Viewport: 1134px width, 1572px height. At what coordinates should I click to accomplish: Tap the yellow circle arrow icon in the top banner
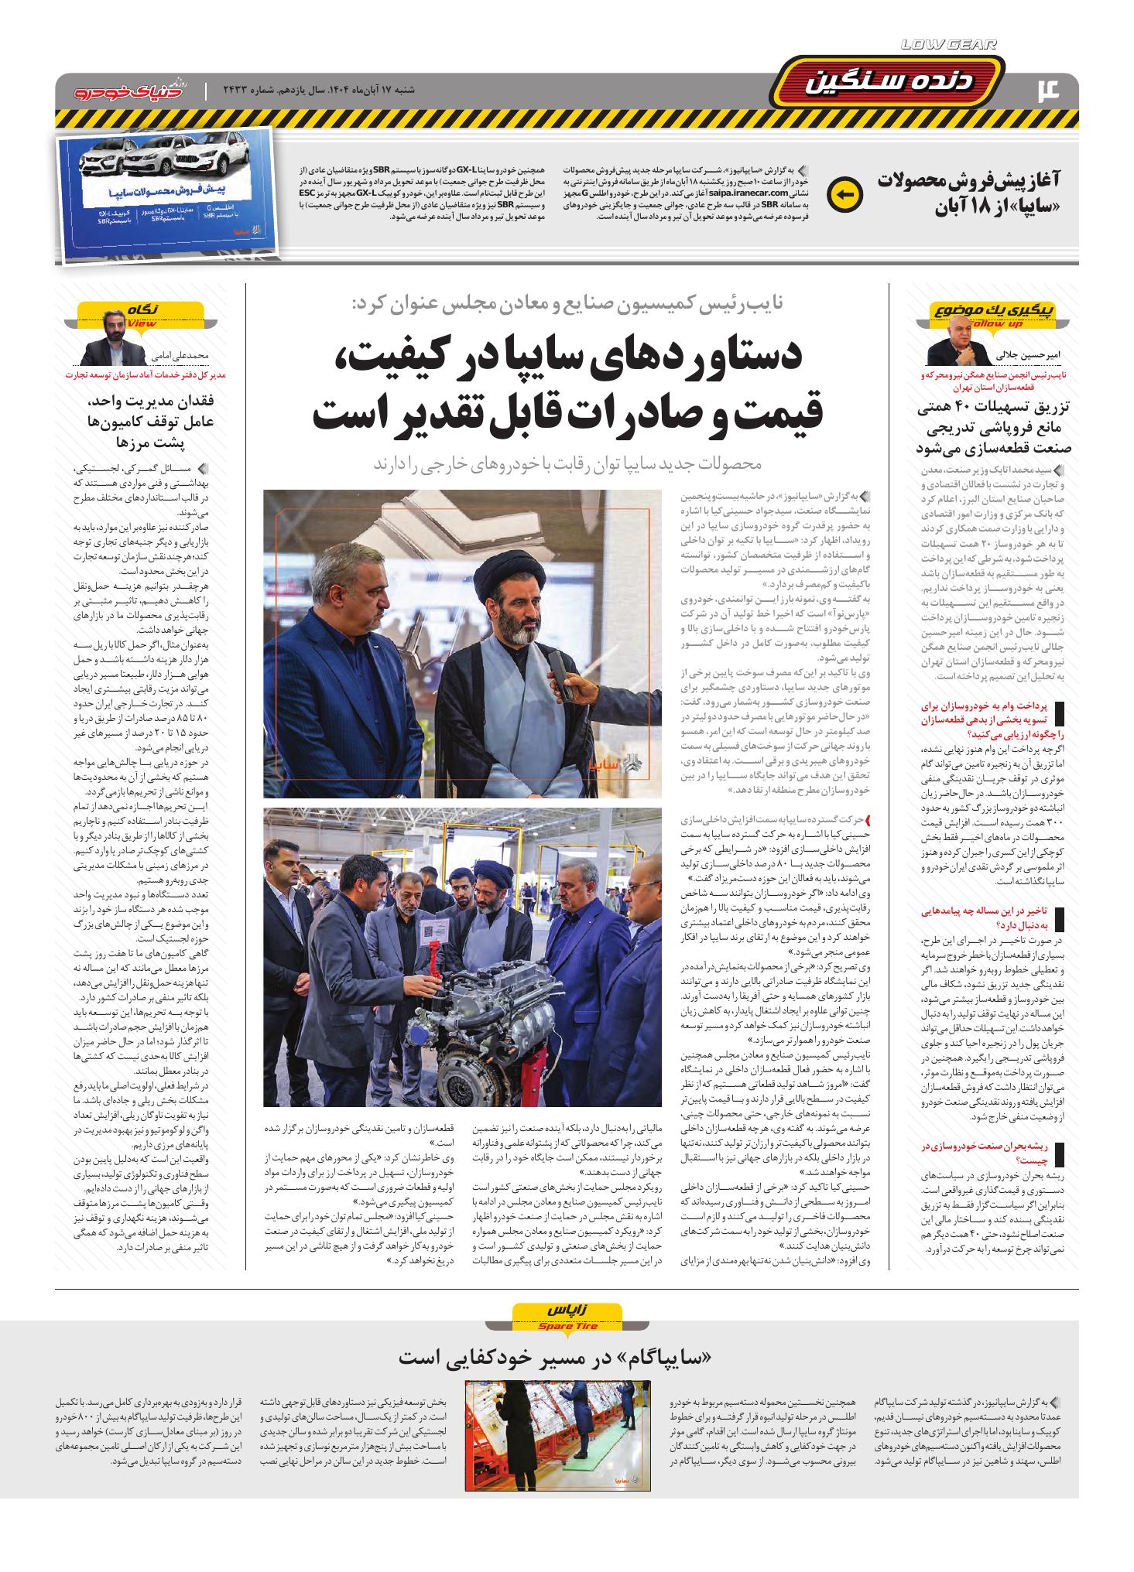pyautogui.click(x=844, y=194)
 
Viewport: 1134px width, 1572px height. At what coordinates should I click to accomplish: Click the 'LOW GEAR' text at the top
pyautogui.click(x=949, y=46)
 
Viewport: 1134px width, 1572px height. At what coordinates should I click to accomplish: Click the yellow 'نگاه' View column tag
pyautogui.click(x=141, y=313)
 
